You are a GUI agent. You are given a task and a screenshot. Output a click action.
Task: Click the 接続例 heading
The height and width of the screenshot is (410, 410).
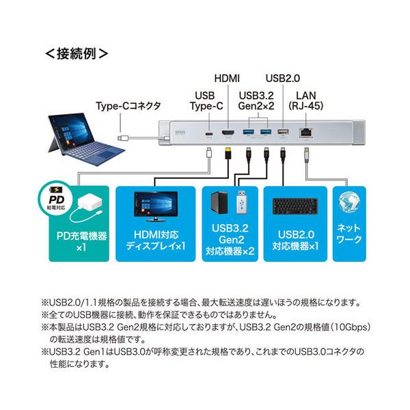(x=76, y=52)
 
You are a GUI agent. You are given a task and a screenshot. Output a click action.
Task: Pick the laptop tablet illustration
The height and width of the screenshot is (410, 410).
(x=77, y=136)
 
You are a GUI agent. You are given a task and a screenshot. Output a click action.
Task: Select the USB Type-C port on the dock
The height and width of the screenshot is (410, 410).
(x=208, y=132)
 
